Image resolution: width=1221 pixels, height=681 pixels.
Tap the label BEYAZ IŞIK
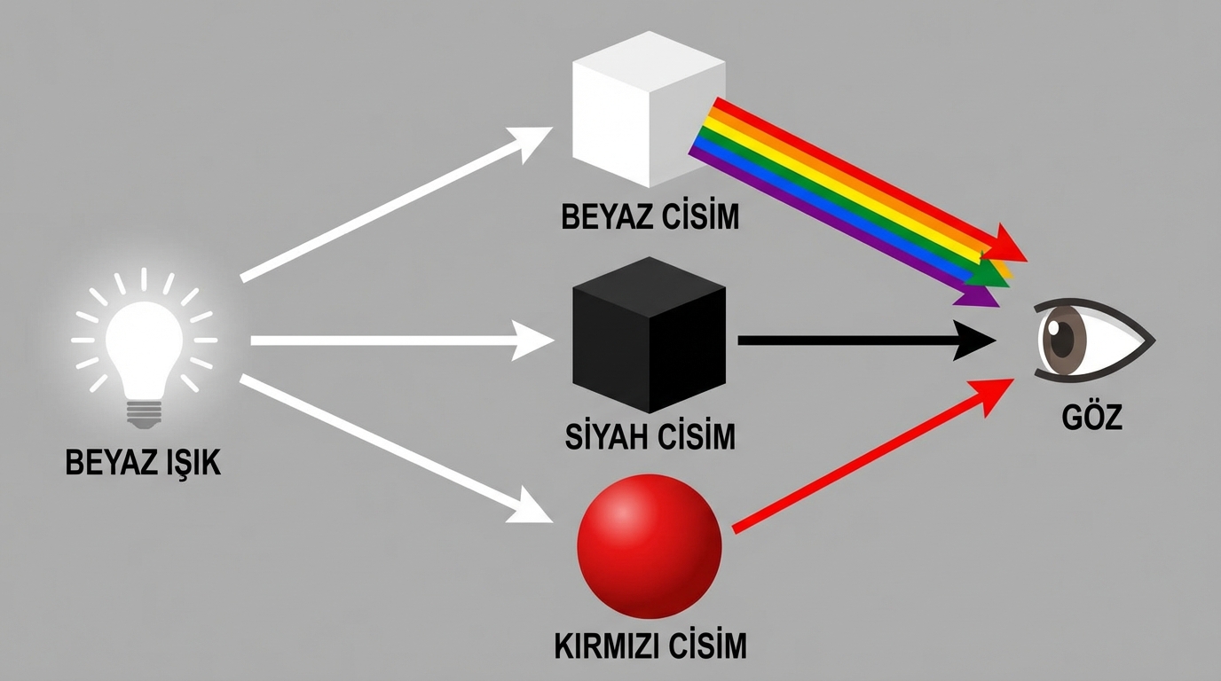[143, 462]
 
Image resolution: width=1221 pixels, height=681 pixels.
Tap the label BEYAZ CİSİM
[650, 216]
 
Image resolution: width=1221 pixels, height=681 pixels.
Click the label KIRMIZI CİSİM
[650, 645]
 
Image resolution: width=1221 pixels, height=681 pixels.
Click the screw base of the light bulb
[145, 411]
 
